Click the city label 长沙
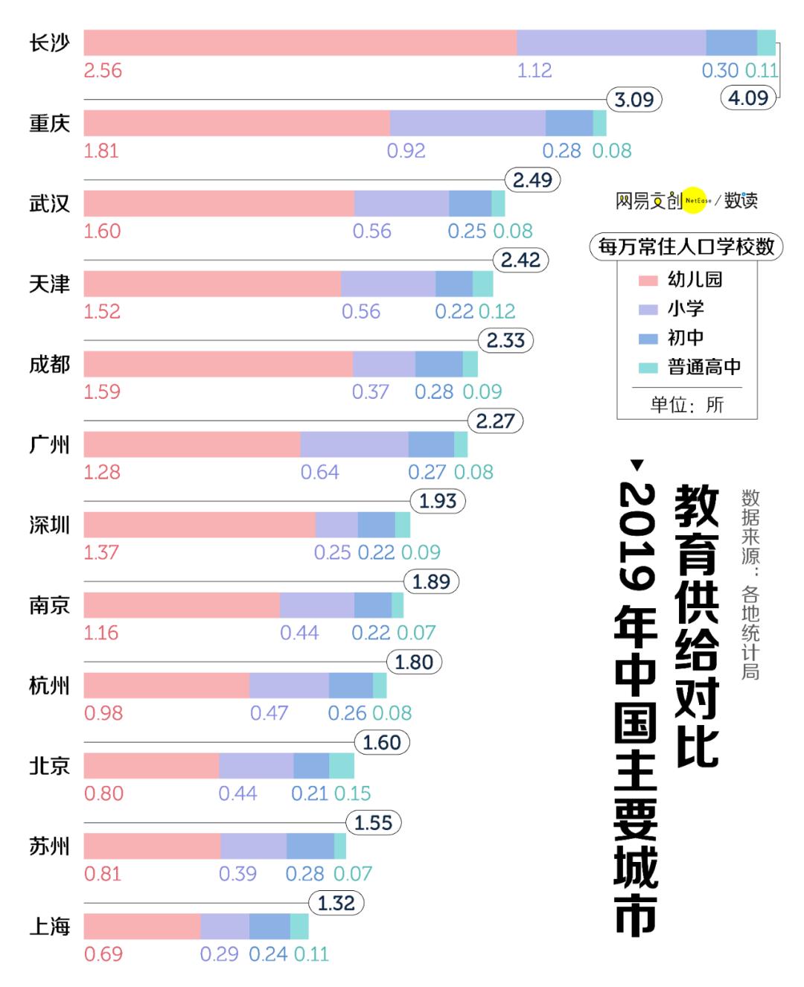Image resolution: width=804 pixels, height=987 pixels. tap(49, 43)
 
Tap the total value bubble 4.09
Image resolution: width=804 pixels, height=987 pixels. tap(748, 98)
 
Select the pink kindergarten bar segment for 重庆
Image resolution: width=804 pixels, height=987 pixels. tap(237, 123)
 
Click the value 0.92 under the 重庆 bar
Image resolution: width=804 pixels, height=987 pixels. tap(406, 151)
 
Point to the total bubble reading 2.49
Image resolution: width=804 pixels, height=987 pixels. tap(532, 180)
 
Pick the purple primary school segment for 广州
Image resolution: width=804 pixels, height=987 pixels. tap(354, 444)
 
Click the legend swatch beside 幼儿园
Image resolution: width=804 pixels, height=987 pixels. tap(648, 281)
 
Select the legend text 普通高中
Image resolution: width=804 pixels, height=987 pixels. tap(703, 367)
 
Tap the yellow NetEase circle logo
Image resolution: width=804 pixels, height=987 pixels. tap(695, 200)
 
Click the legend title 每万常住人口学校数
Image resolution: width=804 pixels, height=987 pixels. tap(686, 246)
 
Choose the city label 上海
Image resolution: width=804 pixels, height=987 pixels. tap(49, 927)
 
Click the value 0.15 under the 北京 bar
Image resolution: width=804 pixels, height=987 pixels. tap(352, 793)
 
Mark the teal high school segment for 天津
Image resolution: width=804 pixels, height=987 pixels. tap(482, 284)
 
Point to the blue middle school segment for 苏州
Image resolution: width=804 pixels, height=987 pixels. tap(310, 846)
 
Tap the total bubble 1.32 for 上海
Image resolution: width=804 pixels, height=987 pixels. tap(336, 904)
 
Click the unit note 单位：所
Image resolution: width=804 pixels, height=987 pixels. tap(686, 405)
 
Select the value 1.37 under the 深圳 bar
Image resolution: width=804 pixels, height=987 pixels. tap(101, 552)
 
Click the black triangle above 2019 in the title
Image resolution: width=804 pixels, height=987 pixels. tap(637, 465)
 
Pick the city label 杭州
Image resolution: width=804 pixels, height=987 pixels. tap(49, 686)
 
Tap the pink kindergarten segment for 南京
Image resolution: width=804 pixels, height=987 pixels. tap(182, 605)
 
